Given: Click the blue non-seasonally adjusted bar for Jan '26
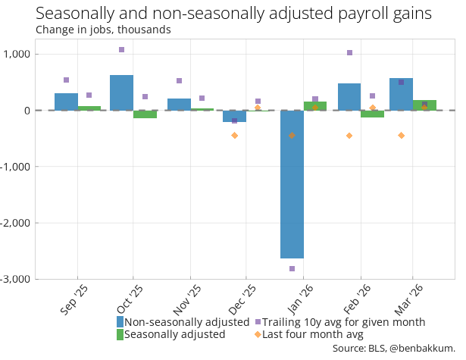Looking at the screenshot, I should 292,184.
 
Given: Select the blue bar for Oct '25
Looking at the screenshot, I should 121,92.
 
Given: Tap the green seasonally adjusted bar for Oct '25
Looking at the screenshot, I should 145,114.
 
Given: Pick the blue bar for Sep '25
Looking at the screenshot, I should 66,102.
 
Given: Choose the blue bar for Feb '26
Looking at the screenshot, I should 349,97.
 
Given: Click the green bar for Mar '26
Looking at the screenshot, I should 424,105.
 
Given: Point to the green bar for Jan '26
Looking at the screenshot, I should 315,106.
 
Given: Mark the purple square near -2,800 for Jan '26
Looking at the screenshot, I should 292,269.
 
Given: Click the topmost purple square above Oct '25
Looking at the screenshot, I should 121,49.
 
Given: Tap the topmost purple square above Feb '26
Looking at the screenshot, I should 349,53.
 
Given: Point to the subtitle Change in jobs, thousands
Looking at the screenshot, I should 103,30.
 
